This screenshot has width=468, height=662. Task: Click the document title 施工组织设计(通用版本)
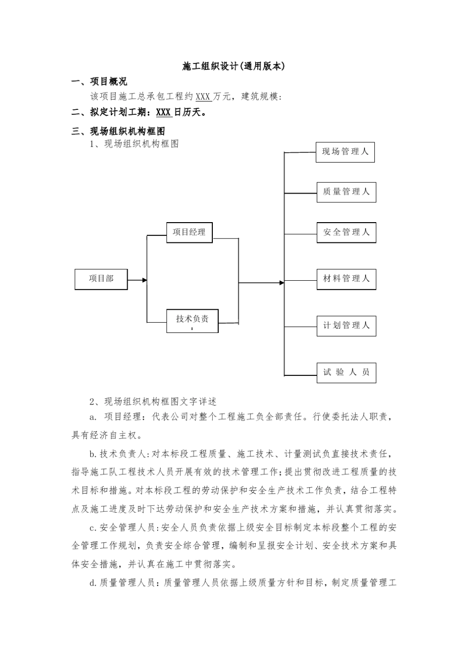pyautogui.click(x=234, y=66)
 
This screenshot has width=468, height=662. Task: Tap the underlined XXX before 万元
pyautogui.click(x=203, y=97)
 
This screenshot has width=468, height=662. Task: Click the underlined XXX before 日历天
pyautogui.click(x=164, y=112)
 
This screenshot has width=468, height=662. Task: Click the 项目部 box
pyautogui.click(x=101, y=279)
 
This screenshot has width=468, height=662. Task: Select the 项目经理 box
pyautogui.click(x=189, y=232)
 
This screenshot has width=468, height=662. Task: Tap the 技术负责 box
pyautogui.click(x=192, y=321)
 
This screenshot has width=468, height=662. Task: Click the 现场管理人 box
pyautogui.click(x=345, y=152)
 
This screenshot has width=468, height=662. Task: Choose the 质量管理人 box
pyautogui.click(x=346, y=192)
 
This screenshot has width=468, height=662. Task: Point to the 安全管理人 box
pyautogui.click(x=346, y=232)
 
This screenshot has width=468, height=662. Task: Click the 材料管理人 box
pyautogui.click(x=346, y=279)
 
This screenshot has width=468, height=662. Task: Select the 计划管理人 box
pyautogui.click(x=346, y=326)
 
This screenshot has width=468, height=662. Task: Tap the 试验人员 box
pyautogui.click(x=346, y=372)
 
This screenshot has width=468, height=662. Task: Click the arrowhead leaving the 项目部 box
pyautogui.click(x=145, y=280)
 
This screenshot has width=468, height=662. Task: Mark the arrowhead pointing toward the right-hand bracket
pyautogui.click(x=282, y=283)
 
